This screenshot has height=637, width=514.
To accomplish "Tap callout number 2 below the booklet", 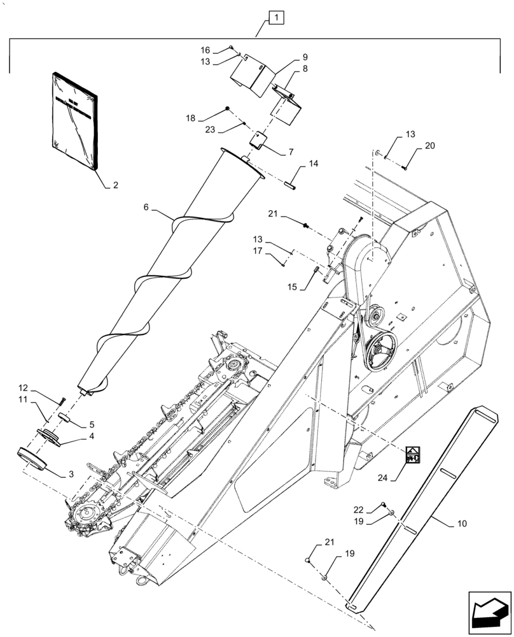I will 115,186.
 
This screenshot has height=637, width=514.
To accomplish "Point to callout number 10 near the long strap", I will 461,524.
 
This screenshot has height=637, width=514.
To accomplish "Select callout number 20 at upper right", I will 430,145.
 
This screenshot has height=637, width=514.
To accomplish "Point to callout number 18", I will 191,118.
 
